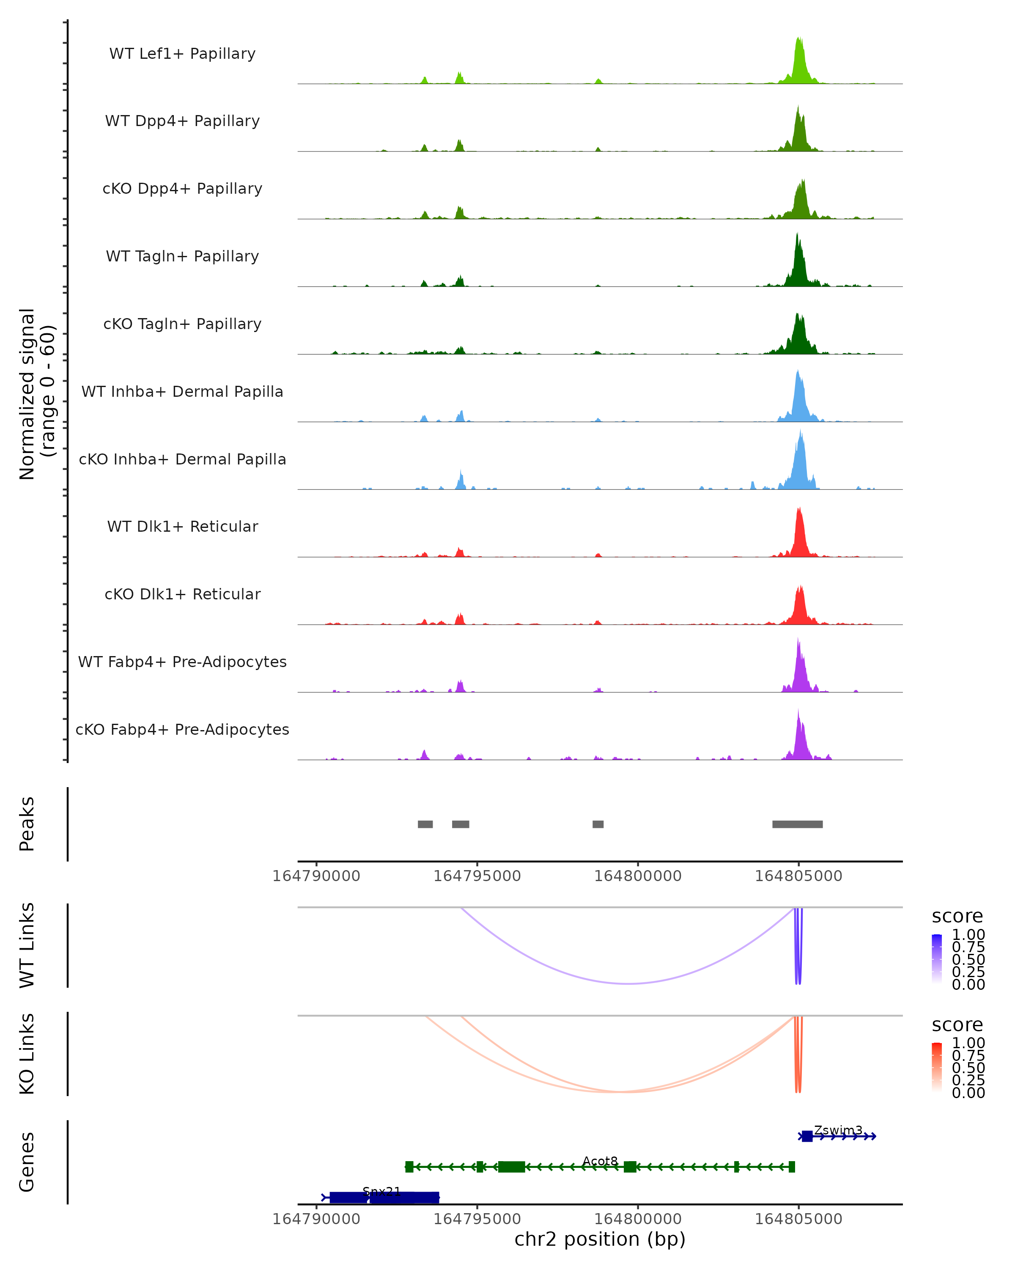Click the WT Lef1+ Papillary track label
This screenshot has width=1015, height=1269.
[182, 54]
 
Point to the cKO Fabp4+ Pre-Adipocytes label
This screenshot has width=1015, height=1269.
[182, 729]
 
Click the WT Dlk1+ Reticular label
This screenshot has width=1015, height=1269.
[182, 526]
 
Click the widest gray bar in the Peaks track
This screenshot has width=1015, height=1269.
[797, 824]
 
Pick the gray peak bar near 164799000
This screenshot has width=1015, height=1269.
[598, 824]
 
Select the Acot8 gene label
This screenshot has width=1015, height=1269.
[600, 1161]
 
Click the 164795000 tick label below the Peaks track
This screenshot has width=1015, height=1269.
[477, 876]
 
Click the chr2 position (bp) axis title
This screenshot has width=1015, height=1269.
[600, 1239]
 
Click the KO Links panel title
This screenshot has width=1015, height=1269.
[27, 1054]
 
